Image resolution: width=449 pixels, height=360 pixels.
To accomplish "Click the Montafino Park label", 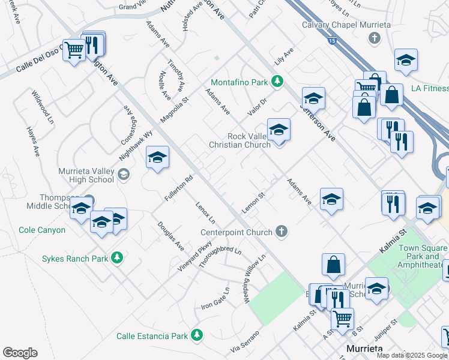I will (239, 82).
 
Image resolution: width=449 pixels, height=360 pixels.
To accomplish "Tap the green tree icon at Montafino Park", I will (277, 81).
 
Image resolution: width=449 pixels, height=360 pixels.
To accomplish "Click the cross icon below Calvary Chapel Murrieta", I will (375, 38).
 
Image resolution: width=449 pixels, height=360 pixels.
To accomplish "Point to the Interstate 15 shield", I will (333, 41).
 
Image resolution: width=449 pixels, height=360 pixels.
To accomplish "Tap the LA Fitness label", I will (430, 89).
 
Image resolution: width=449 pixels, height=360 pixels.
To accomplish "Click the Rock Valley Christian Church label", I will (240, 140).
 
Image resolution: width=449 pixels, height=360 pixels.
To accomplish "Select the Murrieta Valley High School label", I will (86, 175).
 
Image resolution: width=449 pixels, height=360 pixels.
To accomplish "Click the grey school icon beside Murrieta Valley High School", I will (124, 175).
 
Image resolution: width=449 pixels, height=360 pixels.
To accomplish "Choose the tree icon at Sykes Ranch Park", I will (117, 258).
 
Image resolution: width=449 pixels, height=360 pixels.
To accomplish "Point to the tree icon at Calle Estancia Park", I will (196, 335).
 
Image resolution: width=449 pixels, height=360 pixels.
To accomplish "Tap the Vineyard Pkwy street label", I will (195, 256).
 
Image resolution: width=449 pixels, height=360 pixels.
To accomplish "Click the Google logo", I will (20, 353).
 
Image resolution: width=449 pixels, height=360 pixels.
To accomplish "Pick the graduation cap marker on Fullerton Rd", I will (157, 158).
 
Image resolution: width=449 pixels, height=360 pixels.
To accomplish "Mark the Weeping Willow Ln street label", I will (255, 279).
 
